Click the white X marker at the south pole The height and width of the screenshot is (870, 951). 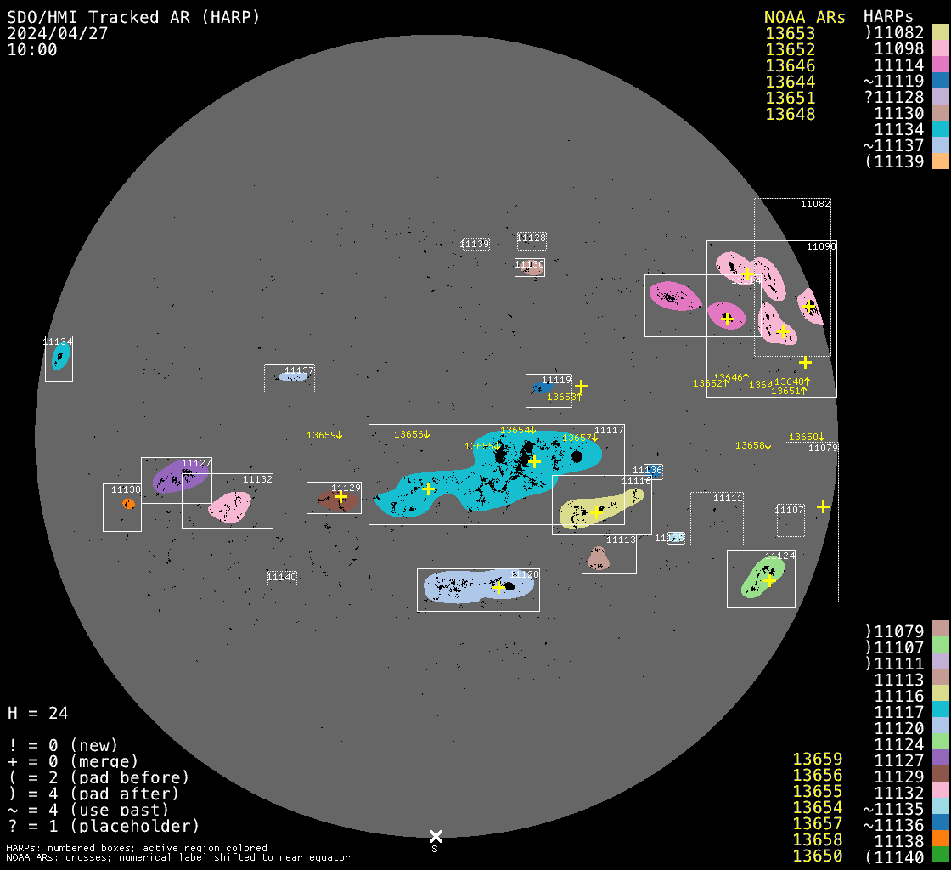pos(436,836)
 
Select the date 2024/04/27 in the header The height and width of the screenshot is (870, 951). pos(58,33)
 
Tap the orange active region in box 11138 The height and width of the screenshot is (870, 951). pos(128,504)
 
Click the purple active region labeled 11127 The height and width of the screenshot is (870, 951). pos(178,477)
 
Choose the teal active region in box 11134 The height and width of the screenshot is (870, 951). pos(59,357)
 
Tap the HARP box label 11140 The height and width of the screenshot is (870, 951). pos(282,578)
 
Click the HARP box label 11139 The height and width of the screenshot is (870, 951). pos(475,245)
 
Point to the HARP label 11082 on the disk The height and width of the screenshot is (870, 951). pos(815,204)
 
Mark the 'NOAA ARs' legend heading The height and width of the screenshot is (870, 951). pos(804,17)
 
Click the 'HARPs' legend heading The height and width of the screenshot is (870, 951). pos(888,17)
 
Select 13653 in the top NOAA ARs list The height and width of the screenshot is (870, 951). pos(790,33)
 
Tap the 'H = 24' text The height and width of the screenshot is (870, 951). pos(37,713)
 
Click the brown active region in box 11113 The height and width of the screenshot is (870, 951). pos(599,558)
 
